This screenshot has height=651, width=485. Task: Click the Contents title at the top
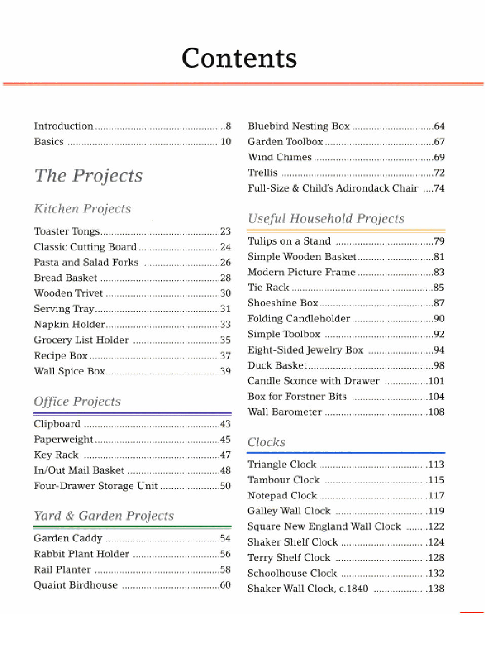pyautogui.click(x=239, y=58)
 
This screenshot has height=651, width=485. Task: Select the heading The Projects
pyautogui.click(x=88, y=176)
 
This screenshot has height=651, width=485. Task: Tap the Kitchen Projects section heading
pyautogui.click(x=82, y=208)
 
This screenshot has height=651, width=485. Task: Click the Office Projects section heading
pyautogui.click(x=77, y=401)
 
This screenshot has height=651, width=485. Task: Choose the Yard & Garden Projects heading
pyautogui.click(x=103, y=515)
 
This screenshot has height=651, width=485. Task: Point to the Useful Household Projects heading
pyautogui.click(x=326, y=219)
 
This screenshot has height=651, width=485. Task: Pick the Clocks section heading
pyautogui.click(x=266, y=442)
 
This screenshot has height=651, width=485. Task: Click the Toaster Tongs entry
pyautogui.click(x=66, y=231)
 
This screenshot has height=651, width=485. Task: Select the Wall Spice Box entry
pyautogui.click(x=69, y=371)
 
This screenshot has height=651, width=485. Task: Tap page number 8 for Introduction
pyautogui.click(x=228, y=126)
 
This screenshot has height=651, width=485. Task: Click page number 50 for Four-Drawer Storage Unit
pyautogui.click(x=225, y=486)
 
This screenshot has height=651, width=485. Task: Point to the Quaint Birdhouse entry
pyautogui.click(x=75, y=585)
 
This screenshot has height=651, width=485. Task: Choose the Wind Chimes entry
pyautogui.click(x=279, y=157)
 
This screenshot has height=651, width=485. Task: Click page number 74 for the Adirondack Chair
pyautogui.click(x=439, y=188)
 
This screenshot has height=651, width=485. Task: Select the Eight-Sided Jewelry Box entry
pyautogui.click(x=305, y=350)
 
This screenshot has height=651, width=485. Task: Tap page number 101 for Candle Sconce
pyautogui.click(x=436, y=380)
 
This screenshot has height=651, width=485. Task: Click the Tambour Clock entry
pyautogui.click(x=283, y=480)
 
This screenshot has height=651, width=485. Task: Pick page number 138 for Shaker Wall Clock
pyautogui.click(x=436, y=588)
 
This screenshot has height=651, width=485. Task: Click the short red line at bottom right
pyautogui.click(x=471, y=613)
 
